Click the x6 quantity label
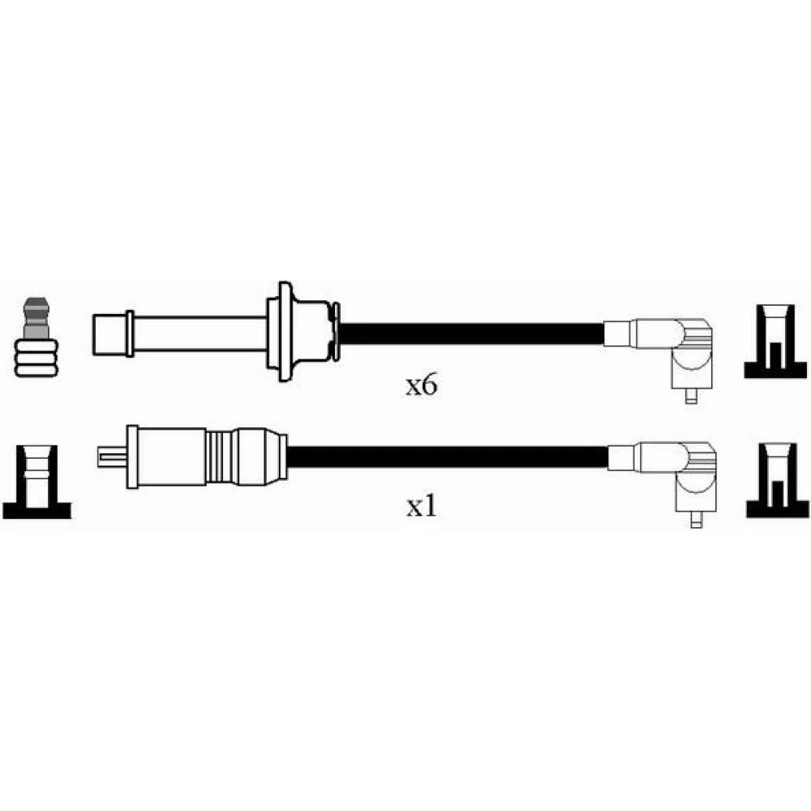tap(421, 385)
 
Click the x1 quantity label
tap(421, 508)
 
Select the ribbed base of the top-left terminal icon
tap(36, 358)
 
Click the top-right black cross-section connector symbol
tap(775, 341)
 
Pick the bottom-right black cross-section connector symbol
tap(778, 480)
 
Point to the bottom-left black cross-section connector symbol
tap(36, 482)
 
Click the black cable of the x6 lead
tap(470, 334)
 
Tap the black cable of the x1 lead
tap(448, 457)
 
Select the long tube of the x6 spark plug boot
tap(200, 334)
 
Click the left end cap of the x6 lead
tap(109, 335)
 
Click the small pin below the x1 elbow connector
tap(696, 519)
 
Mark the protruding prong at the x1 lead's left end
tap(112, 457)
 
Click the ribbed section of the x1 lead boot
tap(221, 457)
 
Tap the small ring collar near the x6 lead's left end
tap(130, 333)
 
